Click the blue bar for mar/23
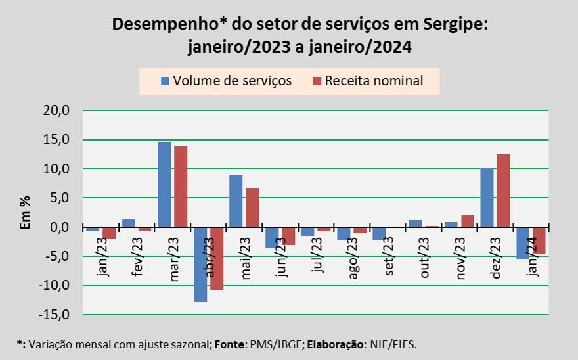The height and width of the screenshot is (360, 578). tap(164, 185)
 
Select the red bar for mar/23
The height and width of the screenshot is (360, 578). tap(181, 187)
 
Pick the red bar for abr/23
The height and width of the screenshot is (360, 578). tap(217, 258)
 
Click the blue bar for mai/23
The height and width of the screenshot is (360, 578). tap(236, 201)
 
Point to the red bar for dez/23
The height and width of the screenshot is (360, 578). tap(504, 191)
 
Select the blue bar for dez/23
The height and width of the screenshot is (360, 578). tap(487, 198)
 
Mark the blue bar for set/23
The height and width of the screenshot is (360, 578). tap(379, 233)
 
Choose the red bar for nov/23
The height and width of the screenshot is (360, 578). tap(468, 221)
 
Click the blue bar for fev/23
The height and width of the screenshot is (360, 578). tap(128, 223)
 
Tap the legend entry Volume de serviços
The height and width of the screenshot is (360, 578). tap(227, 81)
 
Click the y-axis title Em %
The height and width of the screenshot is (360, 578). tap(26, 213)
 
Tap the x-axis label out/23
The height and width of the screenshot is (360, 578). tap(424, 258)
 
